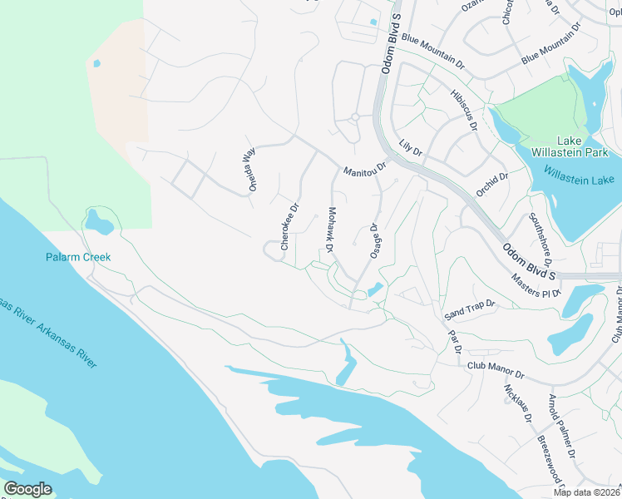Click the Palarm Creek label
click(77, 257)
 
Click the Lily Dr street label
click(411, 149)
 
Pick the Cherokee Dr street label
click(289, 227)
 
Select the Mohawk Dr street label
click(330, 230)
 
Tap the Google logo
click(28, 488)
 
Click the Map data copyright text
click(587, 492)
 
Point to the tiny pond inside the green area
click(97, 63)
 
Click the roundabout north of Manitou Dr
click(354, 117)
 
